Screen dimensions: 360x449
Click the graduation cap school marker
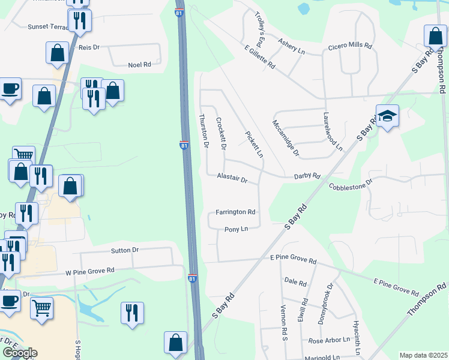387,116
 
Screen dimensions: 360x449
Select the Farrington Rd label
236,212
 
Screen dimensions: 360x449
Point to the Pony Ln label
236,229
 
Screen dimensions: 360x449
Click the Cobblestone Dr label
351,184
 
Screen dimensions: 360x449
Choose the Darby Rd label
307,176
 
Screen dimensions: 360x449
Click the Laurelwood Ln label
333,131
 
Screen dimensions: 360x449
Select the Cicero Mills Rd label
350,46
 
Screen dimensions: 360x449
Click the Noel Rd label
139,64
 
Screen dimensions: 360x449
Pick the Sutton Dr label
125,250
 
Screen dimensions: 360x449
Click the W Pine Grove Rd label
90,271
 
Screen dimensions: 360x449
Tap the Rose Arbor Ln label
329,340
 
